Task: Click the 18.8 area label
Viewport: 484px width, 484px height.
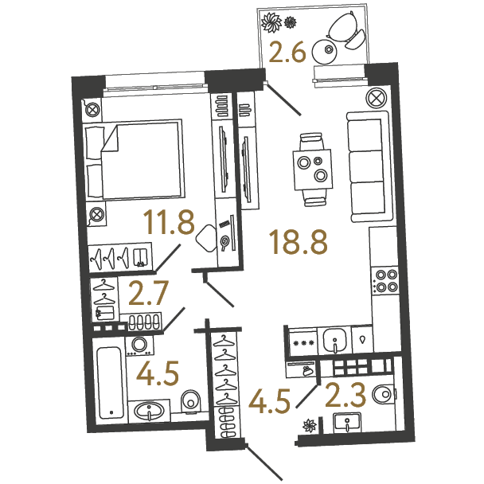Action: point(299,243)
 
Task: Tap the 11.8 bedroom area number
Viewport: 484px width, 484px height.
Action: point(169,221)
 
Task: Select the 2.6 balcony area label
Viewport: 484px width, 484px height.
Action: point(287,53)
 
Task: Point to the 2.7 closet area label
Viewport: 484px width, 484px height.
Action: point(148,293)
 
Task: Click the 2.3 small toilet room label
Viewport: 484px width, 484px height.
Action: point(345,395)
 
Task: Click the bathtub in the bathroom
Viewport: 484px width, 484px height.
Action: point(110,383)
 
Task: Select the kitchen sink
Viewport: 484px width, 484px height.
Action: point(335,340)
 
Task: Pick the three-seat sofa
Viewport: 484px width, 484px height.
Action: point(368,166)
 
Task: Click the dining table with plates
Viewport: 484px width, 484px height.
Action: point(313,170)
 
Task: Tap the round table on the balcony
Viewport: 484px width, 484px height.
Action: point(325,52)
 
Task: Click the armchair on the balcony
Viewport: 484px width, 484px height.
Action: point(346,29)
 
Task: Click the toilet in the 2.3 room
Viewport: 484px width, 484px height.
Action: point(384,394)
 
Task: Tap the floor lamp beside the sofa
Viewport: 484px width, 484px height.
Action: point(377,98)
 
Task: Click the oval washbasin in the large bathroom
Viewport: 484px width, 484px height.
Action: point(150,412)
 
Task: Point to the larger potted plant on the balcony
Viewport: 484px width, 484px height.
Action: point(271,22)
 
